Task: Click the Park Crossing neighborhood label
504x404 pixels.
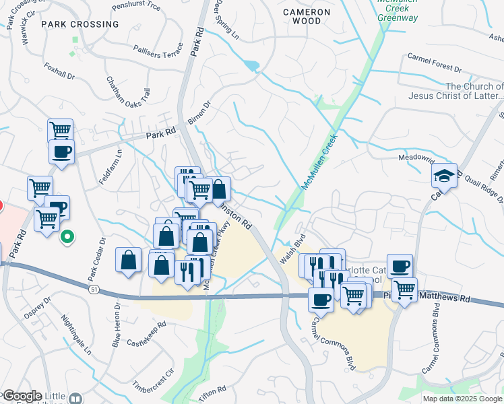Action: [80, 24]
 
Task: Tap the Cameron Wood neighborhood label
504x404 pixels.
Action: [307, 16]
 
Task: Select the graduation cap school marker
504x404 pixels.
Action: [445, 176]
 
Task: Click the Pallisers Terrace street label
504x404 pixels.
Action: [158, 49]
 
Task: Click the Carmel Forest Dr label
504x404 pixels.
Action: [434, 69]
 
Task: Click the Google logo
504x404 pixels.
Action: [22, 396]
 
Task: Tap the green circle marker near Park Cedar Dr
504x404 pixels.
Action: [67, 237]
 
